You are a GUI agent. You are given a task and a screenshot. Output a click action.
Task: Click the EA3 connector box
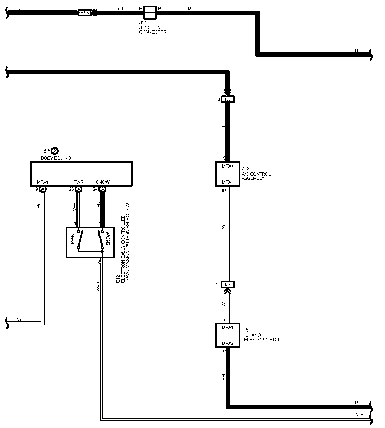(84, 13)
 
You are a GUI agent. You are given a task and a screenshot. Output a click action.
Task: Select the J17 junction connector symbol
(150, 13)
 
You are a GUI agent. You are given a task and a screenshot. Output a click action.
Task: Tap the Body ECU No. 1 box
(81, 174)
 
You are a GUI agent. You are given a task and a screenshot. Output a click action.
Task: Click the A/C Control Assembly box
(227, 174)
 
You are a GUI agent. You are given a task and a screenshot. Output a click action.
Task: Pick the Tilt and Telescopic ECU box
(227, 335)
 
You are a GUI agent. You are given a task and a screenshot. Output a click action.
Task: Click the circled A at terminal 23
(79, 189)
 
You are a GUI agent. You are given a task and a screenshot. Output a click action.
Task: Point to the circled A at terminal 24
(102, 189)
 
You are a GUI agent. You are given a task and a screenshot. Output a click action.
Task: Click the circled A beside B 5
(55, 151)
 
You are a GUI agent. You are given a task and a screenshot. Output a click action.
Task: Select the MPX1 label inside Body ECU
(43, 182)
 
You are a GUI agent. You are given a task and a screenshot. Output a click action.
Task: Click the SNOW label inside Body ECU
(102, 182)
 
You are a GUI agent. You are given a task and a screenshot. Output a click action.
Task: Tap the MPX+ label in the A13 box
(228, 166)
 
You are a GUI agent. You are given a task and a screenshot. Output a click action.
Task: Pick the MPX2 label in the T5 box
(228, 344)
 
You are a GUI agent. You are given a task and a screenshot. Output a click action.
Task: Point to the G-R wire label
(98, 207)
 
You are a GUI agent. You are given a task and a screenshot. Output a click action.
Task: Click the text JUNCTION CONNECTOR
(153, 30)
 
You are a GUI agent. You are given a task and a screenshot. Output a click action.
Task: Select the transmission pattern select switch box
(90, 242)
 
